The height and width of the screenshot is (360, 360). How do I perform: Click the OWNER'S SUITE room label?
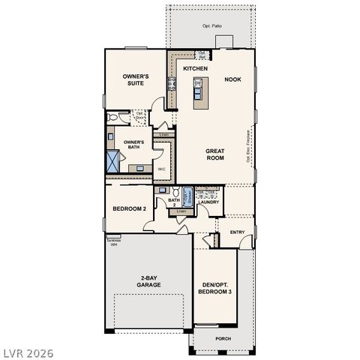136,80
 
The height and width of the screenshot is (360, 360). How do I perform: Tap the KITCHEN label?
195,68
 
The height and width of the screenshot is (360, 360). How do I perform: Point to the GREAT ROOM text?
215,154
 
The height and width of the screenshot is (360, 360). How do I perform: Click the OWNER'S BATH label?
133,144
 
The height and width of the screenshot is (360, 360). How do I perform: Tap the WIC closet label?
161,169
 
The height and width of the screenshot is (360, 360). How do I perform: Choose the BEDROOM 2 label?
129,208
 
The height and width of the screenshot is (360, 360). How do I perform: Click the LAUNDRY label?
210,202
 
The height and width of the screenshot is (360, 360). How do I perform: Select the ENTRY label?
237,232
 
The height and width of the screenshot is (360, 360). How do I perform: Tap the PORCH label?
223,338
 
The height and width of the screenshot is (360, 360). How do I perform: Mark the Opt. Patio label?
211,25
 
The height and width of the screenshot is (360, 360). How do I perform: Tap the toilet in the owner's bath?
112,118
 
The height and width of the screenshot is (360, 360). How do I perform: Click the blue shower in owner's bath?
113,161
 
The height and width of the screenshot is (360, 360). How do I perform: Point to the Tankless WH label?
114,242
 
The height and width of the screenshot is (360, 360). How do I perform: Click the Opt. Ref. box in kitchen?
202,54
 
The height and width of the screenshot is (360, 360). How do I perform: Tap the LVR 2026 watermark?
28,349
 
